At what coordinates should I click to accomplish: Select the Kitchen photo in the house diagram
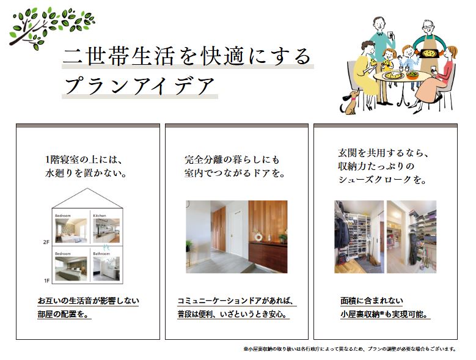pyautogui.click(x=106, y=230)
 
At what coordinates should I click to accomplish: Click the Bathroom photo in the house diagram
pyautogui.click(x=106, y=269)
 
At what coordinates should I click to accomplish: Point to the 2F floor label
pyautogui.click(x=46, y=242)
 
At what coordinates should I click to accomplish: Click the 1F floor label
pyautogui.click(x=46, y=281)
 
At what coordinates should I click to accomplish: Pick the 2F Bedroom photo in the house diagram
pyautogui.click(x=71, y=230)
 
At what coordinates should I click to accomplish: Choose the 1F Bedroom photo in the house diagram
pyautogui.click(x=71, y=269)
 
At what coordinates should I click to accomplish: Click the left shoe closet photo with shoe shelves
pyautogui.click(x=359, y=237)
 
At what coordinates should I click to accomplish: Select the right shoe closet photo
pyautogui.click(x=411, y=237)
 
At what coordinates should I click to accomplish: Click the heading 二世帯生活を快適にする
pyautogui.click(x=188, y=56)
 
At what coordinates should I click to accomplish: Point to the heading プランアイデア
pyautogui.click(x=140, y=86)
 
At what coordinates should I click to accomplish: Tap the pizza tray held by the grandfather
pyautogui.click(x=429, y=53)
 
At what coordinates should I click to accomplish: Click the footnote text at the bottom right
pyautogui.click(x=350, y=349)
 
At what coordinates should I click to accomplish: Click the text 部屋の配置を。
pyautogui.click(x=64, y=315)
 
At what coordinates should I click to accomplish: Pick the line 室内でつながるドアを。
pyautogui.click(x=235, y=174)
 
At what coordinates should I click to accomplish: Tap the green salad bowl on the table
pyautogui.click(x=412, y=75)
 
